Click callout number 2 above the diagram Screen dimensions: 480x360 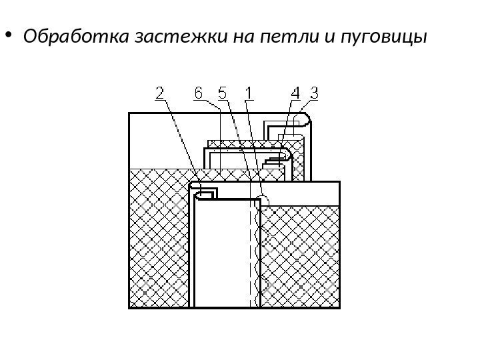pyautogui.click(x=161, y=95)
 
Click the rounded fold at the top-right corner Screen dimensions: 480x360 pyautogui.click(x=305, y=120)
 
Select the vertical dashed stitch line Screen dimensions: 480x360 pyautogui.click(x=255, y=253)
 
